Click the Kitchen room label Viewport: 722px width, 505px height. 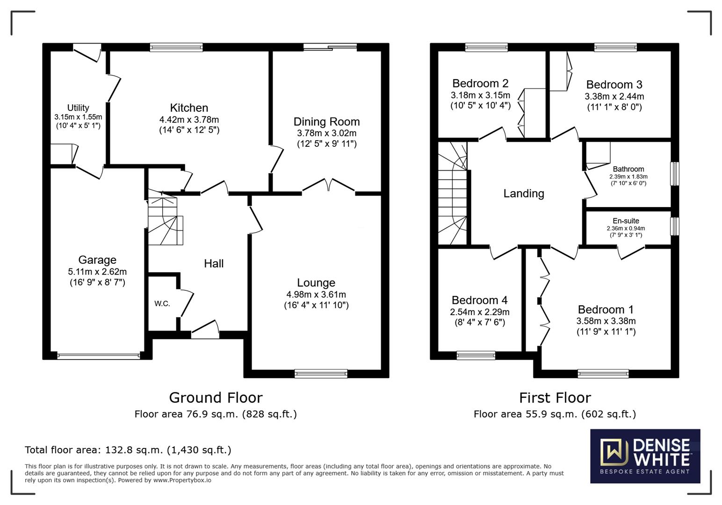189,108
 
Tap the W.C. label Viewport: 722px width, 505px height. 162,303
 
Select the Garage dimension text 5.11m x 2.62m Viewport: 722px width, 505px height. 97,272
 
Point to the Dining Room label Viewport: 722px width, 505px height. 326,122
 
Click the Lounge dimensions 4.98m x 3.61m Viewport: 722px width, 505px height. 316,294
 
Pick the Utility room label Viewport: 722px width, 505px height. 78,108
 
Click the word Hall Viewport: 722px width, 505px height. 214,264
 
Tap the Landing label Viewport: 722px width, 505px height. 524,194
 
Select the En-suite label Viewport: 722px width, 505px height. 626,221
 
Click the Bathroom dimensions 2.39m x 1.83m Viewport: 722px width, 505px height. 628,177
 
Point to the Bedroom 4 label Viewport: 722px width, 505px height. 480,300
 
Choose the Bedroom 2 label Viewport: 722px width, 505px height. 480,83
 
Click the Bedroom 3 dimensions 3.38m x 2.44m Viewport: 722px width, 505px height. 614,96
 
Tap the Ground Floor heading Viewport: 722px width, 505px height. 216,397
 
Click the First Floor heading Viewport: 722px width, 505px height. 555,397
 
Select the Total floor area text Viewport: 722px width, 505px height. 128,449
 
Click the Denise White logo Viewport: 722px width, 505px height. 645,456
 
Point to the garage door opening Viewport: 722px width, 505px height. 99,356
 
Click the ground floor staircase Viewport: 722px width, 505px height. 165,217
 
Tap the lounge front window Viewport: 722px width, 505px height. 321,374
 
